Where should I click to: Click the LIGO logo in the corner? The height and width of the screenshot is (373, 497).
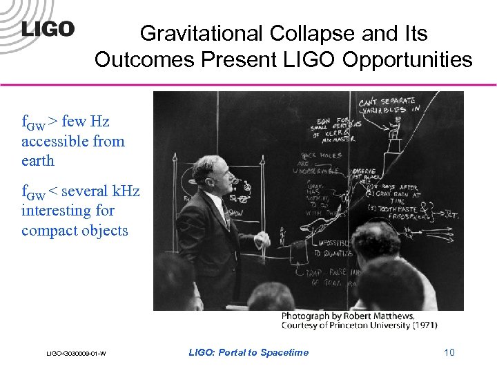click(48, 29)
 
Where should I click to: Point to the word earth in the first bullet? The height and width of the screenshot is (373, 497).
click(37, 160)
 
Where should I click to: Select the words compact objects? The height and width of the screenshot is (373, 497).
click(75, 230)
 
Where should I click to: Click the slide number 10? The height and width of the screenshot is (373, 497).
click(449, 353)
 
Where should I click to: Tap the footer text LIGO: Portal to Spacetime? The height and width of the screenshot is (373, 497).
click(248, 353)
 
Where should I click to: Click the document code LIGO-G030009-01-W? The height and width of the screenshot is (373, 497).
click(76, 354)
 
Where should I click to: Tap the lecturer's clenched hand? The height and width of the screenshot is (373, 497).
click(263, 240)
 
